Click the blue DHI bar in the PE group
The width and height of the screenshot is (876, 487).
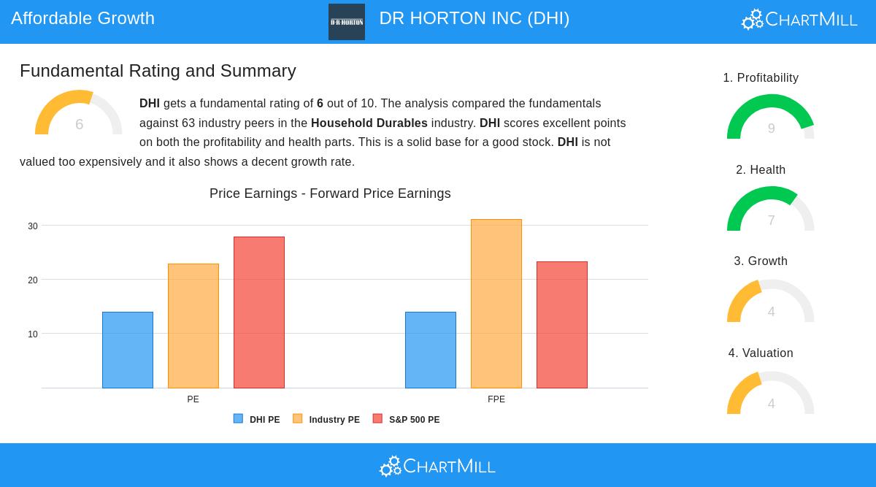pos(128,350)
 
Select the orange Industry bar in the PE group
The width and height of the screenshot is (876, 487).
pos(193,326)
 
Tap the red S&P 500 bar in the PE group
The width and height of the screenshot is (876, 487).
pos(259,312)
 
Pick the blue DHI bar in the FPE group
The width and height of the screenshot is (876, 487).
pos(431,350)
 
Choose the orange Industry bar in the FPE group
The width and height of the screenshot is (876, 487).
pos(496,303)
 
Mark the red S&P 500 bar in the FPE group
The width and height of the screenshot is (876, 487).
pos(562,324)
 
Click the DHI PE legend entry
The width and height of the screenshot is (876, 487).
pos(257,420)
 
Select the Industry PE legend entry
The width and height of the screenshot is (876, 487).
pos(326,420)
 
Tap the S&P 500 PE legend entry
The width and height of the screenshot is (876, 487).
pos(407,420)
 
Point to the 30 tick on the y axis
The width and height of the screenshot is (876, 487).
pos(33,226)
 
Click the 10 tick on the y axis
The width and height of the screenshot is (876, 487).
pos(33,334)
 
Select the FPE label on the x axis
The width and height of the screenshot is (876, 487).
pos(496,399)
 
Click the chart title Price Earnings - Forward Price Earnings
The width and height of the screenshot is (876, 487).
pos(330,193)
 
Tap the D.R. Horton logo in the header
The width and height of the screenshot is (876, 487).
pos(347,22)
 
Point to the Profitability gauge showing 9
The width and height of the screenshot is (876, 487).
pos(771,118)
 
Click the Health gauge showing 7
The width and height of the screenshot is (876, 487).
pos(771,210)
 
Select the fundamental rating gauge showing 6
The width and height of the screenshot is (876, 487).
pos(79,115)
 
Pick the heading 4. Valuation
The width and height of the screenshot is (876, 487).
pos(761,353)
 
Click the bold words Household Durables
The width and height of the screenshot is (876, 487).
pos(369,123)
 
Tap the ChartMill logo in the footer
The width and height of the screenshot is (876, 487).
pos(438,466)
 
